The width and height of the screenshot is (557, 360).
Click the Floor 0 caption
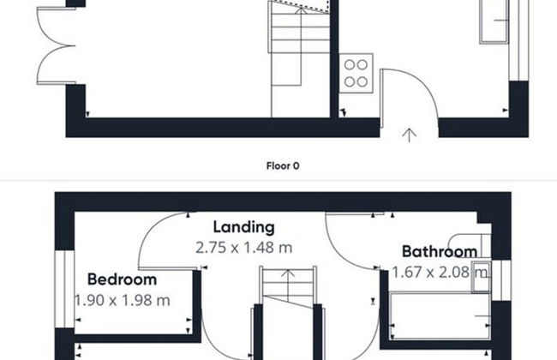(283, 165)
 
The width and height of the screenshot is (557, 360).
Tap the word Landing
(243, 227)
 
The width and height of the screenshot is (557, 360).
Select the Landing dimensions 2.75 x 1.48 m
(244, 248)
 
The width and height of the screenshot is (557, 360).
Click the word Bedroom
(122, 279)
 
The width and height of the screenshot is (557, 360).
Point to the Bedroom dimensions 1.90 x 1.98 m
(123, 300)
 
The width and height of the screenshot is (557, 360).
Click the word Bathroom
(440, 252)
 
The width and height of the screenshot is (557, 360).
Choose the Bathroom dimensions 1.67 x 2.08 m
(440, 273)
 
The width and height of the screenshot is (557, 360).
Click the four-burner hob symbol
(356, 73)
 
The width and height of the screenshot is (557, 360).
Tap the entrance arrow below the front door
(410, 135)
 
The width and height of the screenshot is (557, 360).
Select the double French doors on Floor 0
(56, 46)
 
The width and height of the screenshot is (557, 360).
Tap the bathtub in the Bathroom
(440, 315)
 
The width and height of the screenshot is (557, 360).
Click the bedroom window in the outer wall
(64, 289)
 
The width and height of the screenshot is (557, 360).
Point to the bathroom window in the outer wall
(501, 280)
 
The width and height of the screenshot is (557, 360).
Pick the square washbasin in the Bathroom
(482, 278)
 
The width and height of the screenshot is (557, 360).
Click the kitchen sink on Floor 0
(494, 21)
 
